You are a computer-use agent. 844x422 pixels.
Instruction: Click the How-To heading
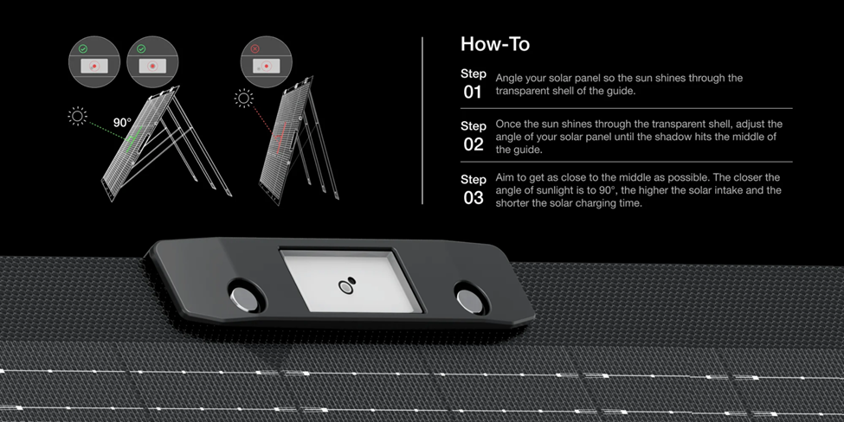(494, 44)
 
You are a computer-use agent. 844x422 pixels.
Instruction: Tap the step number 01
(472, 92)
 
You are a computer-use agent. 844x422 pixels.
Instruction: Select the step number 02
(474, 144)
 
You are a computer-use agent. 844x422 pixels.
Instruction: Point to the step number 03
(474, 198)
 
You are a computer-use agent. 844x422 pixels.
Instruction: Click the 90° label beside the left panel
(122, 123)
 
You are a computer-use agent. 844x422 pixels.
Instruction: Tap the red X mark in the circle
(255, 48)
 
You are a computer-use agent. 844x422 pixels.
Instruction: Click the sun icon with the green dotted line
(77, 116)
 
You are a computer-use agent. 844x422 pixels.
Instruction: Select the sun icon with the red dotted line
(244, 98)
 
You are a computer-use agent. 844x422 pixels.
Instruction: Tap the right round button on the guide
(469, 298)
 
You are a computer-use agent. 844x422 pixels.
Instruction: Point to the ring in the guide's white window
(345, 288)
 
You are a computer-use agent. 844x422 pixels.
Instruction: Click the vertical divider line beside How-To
(422, 120)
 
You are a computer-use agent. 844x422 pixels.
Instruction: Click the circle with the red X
(266, 61)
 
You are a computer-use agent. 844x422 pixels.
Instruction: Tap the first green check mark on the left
(82, 49)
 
